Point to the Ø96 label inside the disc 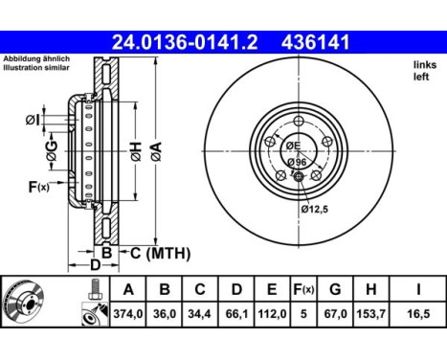(x=298, y=162)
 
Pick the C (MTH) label (x=160, y=253)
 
